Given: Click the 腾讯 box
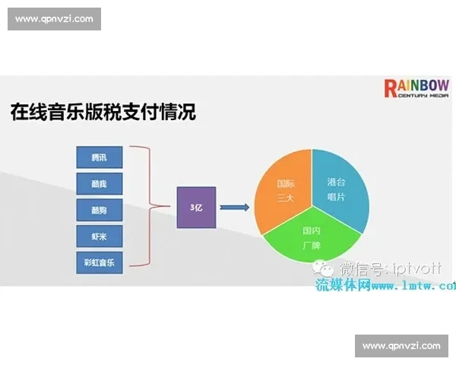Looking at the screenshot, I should [99, 157].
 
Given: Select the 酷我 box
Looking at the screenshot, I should [99, 183].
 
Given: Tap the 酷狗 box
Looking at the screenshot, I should [99, 210].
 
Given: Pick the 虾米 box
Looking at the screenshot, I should [99, 236].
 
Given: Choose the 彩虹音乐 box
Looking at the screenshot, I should [99, 262].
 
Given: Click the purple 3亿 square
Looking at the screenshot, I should [196, 207].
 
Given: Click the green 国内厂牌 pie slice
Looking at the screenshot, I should [312, 236].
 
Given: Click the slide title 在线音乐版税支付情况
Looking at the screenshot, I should [103, 113].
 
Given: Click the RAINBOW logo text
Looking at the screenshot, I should [416, 87].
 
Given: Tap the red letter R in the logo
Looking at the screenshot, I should [391, 88].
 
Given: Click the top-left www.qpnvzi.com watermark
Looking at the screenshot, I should [54, 19].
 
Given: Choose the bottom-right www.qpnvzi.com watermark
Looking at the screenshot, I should [401, 346].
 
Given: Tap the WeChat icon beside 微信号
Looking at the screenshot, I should [327, 268].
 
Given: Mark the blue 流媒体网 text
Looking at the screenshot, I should [343, 285].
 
